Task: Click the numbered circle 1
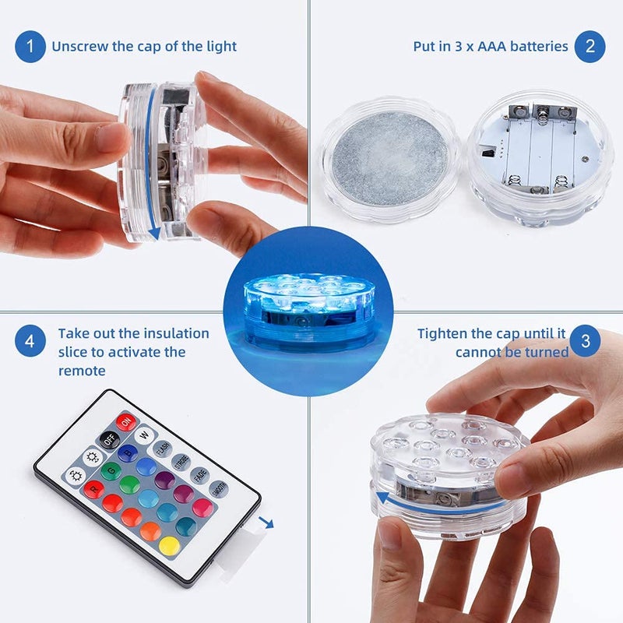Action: click(x=30, y=47)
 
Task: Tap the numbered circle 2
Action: click(x=590, y=47)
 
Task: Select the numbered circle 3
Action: click(x=584, y=342)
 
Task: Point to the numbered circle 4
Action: click(x=30, y=342)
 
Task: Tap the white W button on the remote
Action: click(x=144, y=435)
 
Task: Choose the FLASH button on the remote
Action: click(x=162, y=449)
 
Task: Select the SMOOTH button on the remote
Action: click(x=219, y=489)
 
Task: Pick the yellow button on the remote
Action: click(x=169, y=546)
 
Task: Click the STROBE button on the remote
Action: click(x=181, y=463)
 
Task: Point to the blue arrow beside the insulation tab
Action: click(x=267, y=523)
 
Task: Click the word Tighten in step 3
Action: click(x=445, y=333)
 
